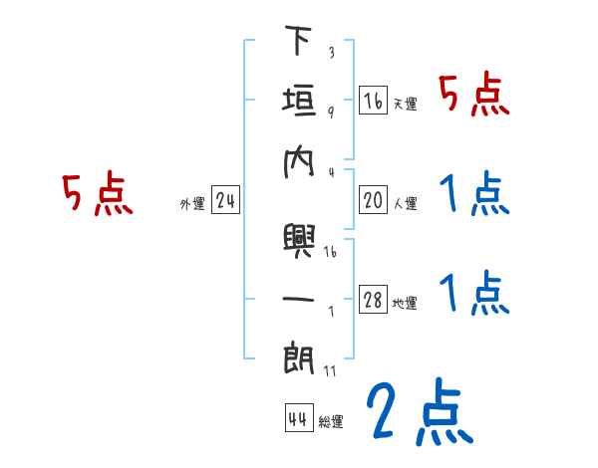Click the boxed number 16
pos(373,100)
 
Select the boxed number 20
pos(373,200)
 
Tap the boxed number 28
pos(373,300)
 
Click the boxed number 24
pos(225,201)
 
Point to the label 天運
pos(405,104)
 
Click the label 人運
pos(405,204)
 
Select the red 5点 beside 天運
pos(474,96)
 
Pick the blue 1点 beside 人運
pos(474,193)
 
